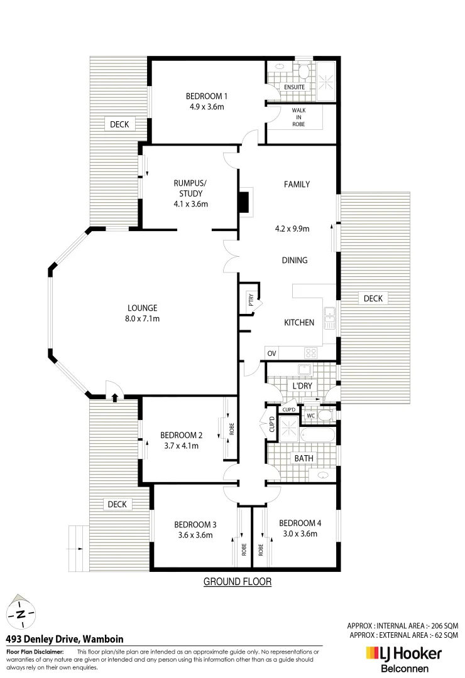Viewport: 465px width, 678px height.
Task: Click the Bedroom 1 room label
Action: (206, 96)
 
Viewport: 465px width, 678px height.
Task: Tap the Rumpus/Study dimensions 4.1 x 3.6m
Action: (190, 204)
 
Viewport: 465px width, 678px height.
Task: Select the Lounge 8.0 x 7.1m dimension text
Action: (142, 319)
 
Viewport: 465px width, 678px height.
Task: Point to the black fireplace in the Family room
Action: (244, 202)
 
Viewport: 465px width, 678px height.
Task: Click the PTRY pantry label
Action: (250, 301)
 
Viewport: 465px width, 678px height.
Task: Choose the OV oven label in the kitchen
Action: (271, 353)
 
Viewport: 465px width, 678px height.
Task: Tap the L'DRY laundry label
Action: (299, 385)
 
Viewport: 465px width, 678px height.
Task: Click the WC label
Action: (310, 415)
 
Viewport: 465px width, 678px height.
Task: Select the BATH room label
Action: (304, 458)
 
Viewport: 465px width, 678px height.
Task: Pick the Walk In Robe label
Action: (298, 116)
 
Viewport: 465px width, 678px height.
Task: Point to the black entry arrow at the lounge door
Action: (114, 397)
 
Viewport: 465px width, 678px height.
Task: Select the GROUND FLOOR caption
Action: (238, 582)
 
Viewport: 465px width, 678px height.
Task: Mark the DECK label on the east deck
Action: (373, 298)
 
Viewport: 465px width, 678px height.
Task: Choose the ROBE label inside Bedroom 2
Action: (231, 429)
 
